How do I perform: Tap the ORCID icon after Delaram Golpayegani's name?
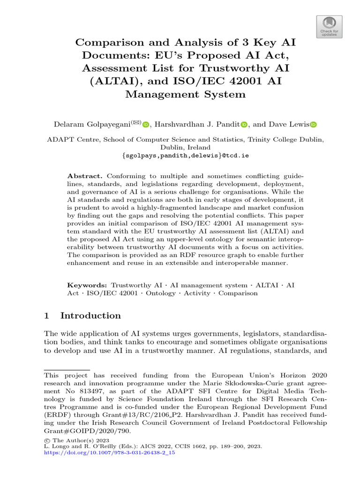[x=145, y=125]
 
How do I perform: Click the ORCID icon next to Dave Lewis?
[x=313, y=125]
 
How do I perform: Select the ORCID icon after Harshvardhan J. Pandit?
[x=244, y=125]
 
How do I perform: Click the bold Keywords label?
[x=87, y=285]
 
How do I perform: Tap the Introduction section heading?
[x=90, y=315]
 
